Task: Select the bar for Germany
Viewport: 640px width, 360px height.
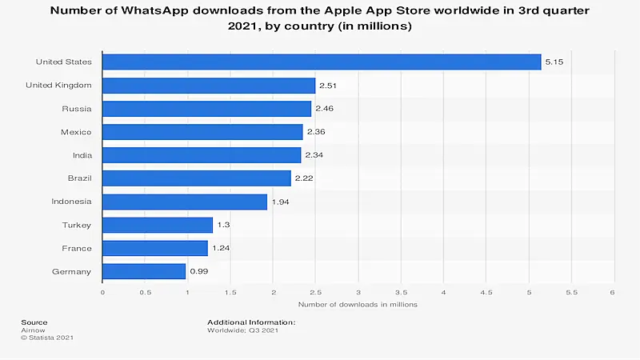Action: click(x=144, y=271)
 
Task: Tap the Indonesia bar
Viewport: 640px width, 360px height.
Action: click(x=185, y=202)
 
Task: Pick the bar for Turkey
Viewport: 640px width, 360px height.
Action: click(x=158, y=225)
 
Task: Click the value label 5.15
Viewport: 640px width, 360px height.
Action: click(x=554, y=62)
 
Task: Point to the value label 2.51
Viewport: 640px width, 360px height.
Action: click(x=328, y=85)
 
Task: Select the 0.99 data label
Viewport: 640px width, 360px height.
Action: click(x=198, y=271)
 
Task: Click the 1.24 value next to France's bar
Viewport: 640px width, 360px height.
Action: click(x=220, y=248)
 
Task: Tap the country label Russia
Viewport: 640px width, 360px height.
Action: click(x=77, y=108)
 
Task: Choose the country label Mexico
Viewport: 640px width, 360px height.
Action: click(x=76, y=131)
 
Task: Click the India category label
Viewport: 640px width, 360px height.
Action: click(x=81, y=154)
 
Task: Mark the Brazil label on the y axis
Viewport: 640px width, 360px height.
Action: click(x=78, y=178)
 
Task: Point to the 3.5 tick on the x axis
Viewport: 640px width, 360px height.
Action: click(x=401, y=292)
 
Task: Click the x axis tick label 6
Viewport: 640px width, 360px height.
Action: click(x=614, y=292)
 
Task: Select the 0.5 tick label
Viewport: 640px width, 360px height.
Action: click(x=145, y=292)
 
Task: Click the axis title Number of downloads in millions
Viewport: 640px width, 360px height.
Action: click(x=358, y=305)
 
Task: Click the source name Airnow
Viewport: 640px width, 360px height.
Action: click(x=32, y=329)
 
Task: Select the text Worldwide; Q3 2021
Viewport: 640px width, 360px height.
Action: click(x=242, y=329)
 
